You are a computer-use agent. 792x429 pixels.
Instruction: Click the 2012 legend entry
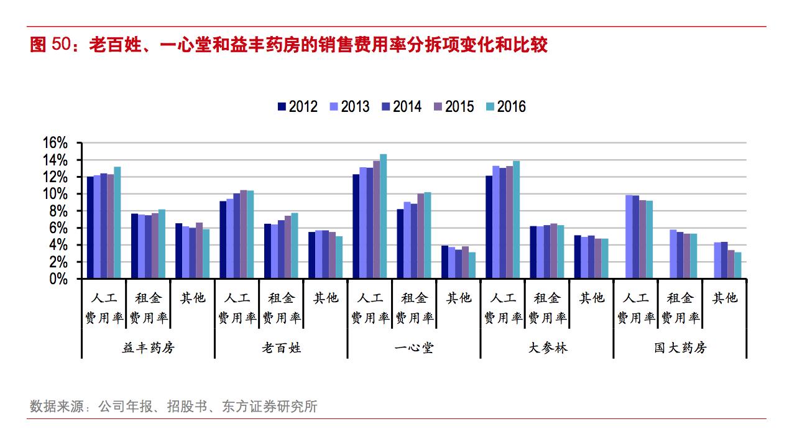pos(297,107)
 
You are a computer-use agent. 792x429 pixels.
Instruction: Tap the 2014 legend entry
pos(401,107)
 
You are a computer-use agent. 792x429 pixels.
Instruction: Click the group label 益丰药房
pos(148,348)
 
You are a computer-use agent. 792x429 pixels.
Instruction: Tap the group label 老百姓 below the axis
pos(281,348)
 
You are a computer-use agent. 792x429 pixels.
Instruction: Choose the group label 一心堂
pos(414,348)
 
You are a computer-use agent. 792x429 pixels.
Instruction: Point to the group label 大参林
pos(547,348)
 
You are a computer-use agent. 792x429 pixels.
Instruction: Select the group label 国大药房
pos(680,348)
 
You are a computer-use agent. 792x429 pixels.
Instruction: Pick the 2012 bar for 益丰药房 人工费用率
pos(90,228)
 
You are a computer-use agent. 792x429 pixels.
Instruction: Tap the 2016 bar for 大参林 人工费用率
pos(516,220)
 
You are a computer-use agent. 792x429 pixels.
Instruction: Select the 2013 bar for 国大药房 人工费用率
pos(629,237)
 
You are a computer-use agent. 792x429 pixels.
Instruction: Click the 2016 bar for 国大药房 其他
pos(737,265)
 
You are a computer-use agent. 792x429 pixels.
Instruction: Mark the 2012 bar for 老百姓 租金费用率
pos(267,251)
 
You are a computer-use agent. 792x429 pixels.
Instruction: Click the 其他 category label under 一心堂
pos(459,298)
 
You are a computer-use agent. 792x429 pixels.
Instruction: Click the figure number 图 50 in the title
pos(48,45)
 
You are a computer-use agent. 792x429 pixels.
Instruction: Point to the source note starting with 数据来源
pos(173,407)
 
